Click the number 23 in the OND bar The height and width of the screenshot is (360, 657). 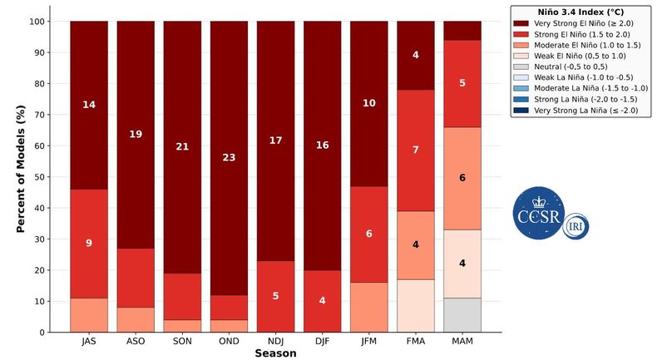(229, 158)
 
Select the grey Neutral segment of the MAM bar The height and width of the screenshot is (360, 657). (462, 315)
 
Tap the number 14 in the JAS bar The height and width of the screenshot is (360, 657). (89, 105)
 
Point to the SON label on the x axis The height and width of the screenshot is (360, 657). (182, 341)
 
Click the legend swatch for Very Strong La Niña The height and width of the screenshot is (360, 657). (521, 111)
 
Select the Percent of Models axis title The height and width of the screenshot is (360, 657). (21, 169)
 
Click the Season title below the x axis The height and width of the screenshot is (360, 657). (275, 353)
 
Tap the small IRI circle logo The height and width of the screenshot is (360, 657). (575, 226)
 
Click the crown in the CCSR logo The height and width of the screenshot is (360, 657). (538, 202)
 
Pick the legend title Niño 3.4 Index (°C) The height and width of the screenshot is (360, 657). (580, 12)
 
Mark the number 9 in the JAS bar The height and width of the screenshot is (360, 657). (89, 243)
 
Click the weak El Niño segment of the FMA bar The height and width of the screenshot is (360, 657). (416, 306)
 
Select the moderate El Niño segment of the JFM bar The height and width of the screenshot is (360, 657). (369, 307)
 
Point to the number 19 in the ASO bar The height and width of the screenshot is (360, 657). (136, 134)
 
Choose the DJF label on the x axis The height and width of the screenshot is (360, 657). (322, 341)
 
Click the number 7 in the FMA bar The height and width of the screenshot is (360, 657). (416, 150)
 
